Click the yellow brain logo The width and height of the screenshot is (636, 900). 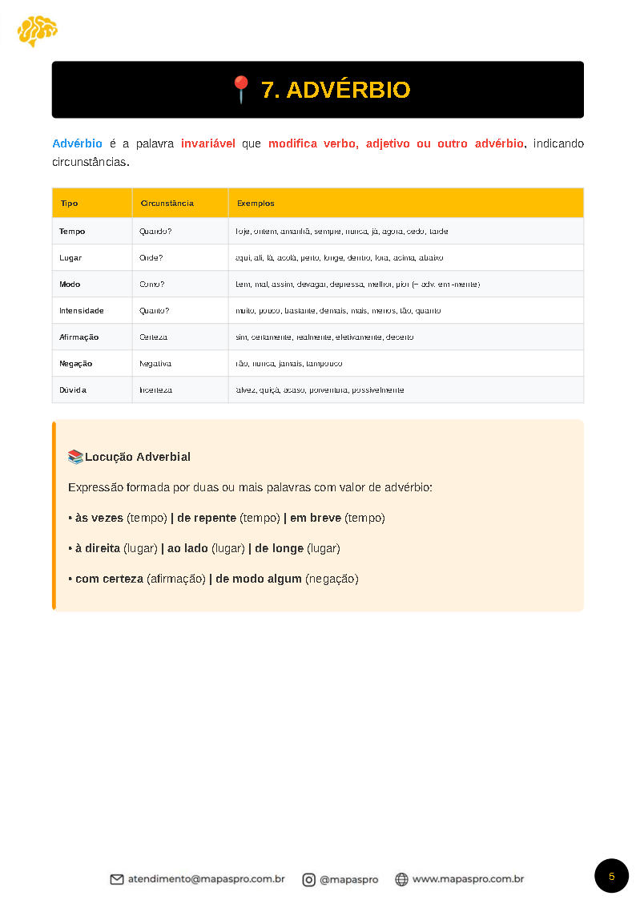pos(37,30)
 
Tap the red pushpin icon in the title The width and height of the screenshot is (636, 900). pos(241,89)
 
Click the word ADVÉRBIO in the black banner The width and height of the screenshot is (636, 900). pos(348,90)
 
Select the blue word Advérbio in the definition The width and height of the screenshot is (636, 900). pos(77,143)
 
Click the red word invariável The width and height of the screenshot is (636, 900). pos(208,143)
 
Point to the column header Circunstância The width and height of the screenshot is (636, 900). pos(167,204)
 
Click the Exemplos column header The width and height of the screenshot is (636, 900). pos(256,204)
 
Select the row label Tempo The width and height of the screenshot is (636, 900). pos(72,231)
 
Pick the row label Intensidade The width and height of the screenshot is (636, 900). pos(82,310)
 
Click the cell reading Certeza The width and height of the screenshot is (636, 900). pos(153,337)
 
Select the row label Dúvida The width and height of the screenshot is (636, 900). pos(73,389)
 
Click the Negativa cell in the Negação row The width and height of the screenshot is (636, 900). pos(155,363)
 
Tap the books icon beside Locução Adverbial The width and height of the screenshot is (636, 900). pos(75,457)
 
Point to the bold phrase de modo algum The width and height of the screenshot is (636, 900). pos(259,579)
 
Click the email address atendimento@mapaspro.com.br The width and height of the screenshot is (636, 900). pos(206,879)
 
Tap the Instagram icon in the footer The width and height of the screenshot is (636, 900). pos(308,879)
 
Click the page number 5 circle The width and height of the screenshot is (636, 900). pos(611,876)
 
